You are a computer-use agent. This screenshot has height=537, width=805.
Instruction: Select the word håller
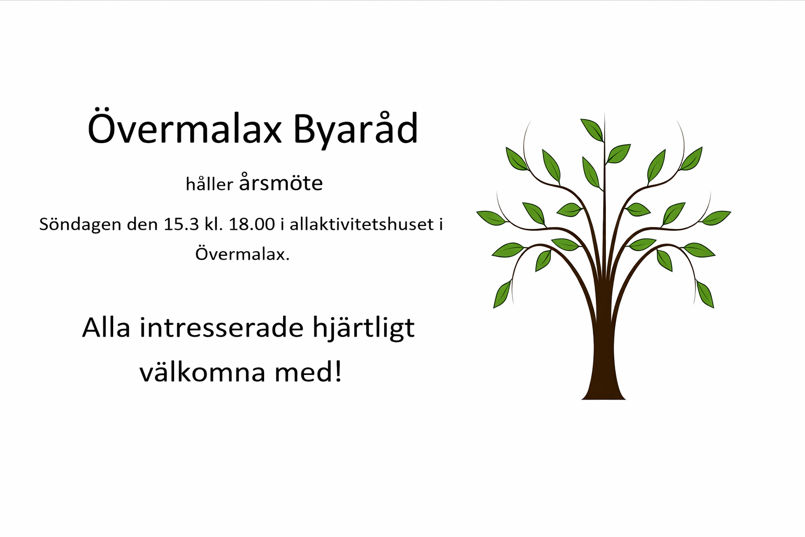(210, 184)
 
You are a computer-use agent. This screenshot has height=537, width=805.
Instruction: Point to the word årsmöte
(281, 182)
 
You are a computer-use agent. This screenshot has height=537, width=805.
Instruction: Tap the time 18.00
(252, 224)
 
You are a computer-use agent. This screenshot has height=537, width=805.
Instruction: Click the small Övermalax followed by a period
(242, 254)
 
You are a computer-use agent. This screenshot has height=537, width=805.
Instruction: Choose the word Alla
(106, 328)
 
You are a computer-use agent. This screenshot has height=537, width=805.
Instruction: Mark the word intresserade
(222, 328)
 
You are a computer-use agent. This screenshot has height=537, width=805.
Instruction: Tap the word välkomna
(202, 372)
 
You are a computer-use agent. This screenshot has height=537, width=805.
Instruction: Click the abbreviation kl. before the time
(213, 224)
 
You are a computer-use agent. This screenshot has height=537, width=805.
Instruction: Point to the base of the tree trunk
(604, 399)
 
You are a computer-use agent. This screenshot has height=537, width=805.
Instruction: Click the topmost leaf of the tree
(592, 130)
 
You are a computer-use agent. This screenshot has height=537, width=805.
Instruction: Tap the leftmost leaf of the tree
(491, 218)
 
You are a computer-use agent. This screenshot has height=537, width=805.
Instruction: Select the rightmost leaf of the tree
(716, 218)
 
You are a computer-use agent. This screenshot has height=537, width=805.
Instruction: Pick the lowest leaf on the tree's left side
(502, 294)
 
